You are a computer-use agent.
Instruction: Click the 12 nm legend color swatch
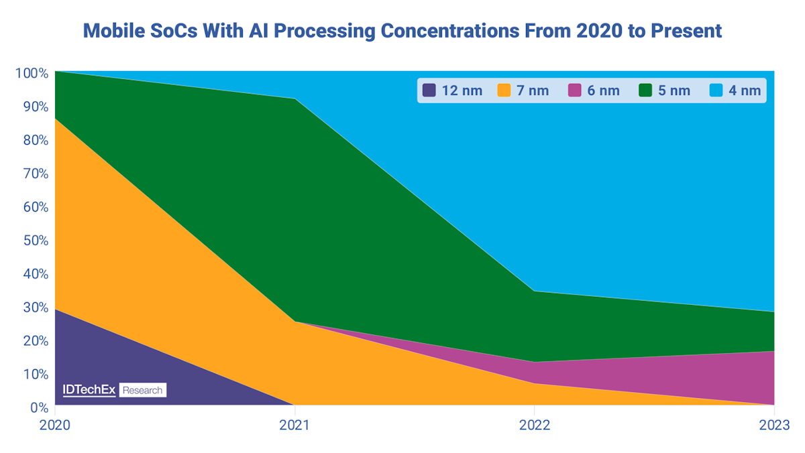click(x=429, y=90)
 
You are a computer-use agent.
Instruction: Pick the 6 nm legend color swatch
click(x=574, y=90)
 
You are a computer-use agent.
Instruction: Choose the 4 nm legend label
click(x=745, y=90)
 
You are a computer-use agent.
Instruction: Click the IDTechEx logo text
click(x=89, y=390)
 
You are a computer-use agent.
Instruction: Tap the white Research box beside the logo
click(x=142, y=390)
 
